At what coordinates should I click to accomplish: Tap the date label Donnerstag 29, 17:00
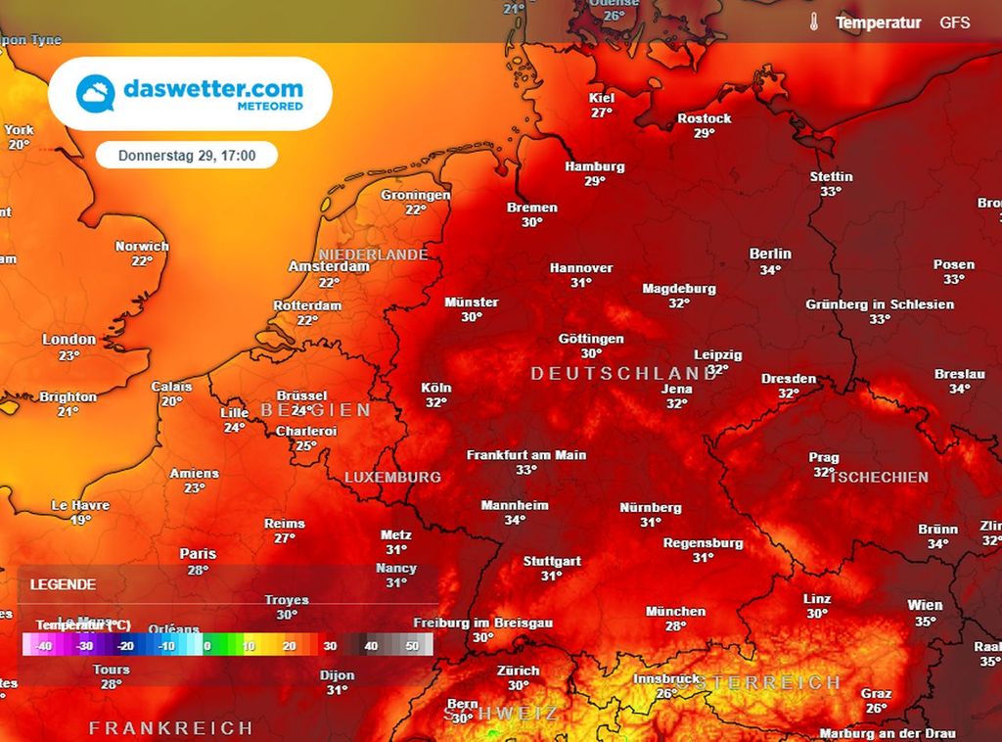point(187,156)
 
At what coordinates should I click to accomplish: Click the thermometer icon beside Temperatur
point(813,22)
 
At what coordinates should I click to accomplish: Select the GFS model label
point(954,22)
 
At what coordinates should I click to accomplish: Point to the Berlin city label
point(770,254)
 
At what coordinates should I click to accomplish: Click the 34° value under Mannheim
point(515,521)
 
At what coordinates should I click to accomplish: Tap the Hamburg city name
point(594,166)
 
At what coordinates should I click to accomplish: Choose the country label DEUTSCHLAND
point(624,374)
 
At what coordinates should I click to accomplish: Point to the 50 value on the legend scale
point(412,646)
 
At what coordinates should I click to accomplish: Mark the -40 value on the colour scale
point(43,646)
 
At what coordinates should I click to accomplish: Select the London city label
point(69,340)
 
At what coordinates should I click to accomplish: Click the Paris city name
point(198,554)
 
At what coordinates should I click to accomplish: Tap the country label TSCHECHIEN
point(879,477)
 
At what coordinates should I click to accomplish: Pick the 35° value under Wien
point(925,621)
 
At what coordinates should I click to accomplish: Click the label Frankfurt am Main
point(526,455)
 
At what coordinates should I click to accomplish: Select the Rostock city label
point(704,118)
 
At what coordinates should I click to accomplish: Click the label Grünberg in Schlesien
point(880,304)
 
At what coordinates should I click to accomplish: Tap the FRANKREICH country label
point(171,728)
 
